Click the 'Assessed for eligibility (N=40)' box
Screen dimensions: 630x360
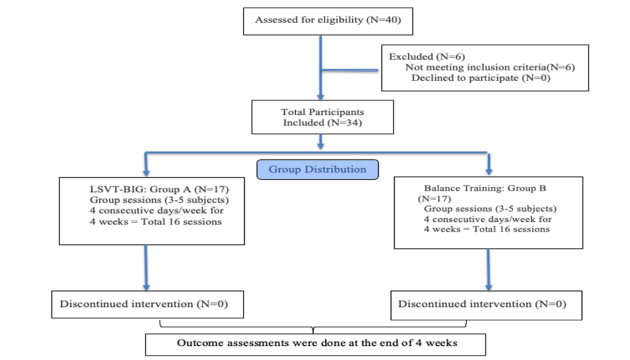pyautogui.click(x=328, y=21)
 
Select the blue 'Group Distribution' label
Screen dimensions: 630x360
pyautogui.click(x=318, y=169)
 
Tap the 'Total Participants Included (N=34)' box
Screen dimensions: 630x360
pyautogui.click(x=322, y=117)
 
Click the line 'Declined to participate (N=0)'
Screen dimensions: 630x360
pyautogui.click(x=480, y=78)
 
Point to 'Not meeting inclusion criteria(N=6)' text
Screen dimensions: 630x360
pyautogui.click(x=490, y=67)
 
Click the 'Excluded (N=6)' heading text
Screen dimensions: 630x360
pyautogui.click(x=427, y=57)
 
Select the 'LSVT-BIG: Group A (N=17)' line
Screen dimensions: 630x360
pyautogui.click(x=159, y=189)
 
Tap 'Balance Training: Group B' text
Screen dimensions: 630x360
pyautogui.click(x=485, y=188)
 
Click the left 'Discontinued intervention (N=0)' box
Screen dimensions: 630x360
pyautogui.click(x=148, y=304)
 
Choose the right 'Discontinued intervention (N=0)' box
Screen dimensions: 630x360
pyautogui.click(x=486, y=305)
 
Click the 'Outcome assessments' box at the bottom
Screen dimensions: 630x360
pyautogui.click(x=316, y=345)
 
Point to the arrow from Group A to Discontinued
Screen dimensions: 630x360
pyautogui.click(x=146, y=267)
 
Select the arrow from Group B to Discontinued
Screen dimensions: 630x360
pyautogui.click(x=489, y=269)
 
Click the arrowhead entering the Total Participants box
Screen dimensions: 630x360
pyautogui.click(x=321, y=97)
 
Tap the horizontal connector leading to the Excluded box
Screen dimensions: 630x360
pyautogui.click(x=350, y=70)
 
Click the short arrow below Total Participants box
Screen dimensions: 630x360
pyautogui.click(x=321, y=142)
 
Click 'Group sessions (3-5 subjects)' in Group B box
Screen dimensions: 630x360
pyautogui.click(x=490, y=208)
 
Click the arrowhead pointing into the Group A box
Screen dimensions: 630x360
pyautogui.click(x=146, y=173)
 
